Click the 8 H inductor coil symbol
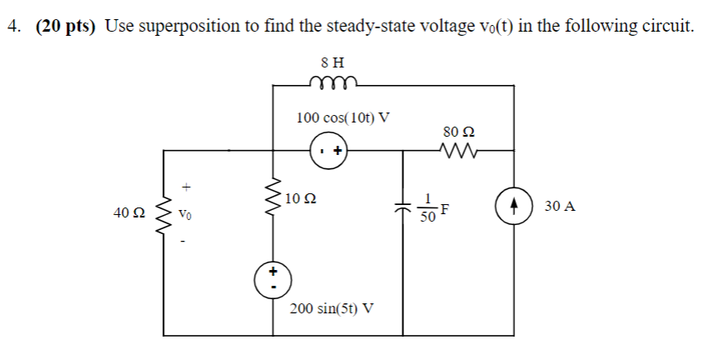click(x=333, y=81)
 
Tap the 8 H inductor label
click(x=332, y=61)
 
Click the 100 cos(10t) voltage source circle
click(x=329, y=152)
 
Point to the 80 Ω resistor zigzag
click(x=460, y=151)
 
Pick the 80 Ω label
click(x=460, y=131)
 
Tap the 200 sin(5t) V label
click(x=332, y=307)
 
